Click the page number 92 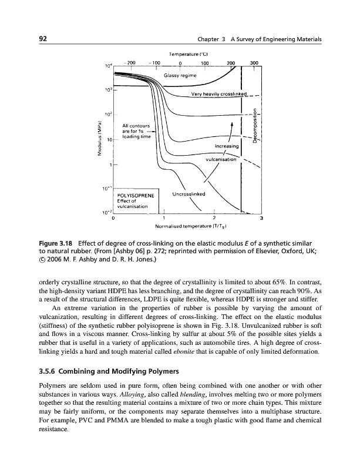coord(43,39)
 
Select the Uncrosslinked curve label coord(189,195)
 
